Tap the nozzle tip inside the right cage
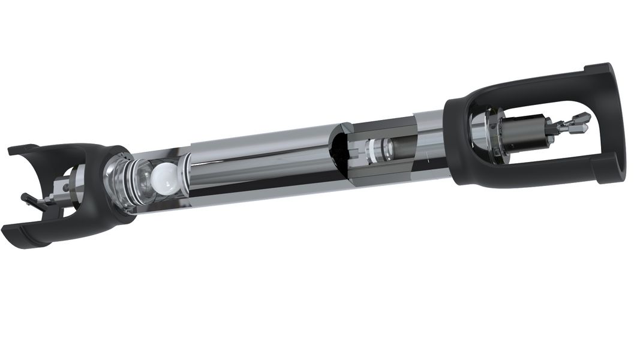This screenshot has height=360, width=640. (x=581, y=118)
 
